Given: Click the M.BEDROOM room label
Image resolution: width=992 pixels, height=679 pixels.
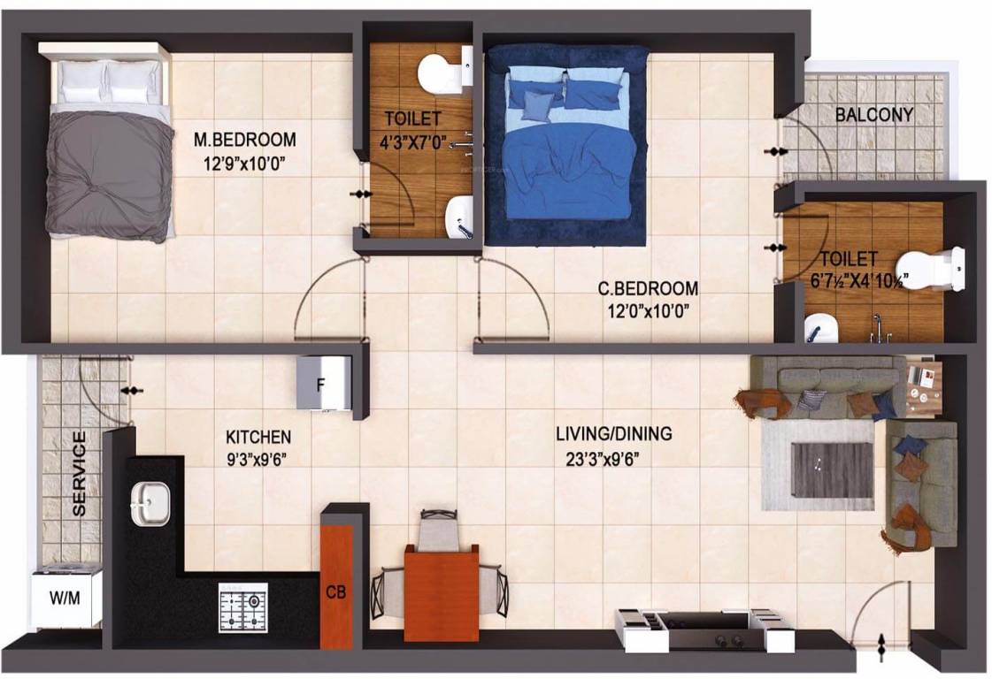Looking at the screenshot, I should point(245,140).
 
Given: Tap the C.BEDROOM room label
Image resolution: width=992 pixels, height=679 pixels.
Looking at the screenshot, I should point(647,288).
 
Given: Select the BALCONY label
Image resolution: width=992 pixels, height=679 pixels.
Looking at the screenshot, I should point(874,114).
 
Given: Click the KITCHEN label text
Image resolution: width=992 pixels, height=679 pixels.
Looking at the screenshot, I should point(258,437).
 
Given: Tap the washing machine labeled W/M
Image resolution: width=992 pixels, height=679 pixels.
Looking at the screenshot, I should point(67,598).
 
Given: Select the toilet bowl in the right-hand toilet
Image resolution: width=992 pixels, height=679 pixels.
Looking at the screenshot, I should point(930,269).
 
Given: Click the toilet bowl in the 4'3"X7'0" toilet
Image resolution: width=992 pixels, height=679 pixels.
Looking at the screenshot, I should point(435,73).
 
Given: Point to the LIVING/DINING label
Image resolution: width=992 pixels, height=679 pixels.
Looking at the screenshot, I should point(613,434).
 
